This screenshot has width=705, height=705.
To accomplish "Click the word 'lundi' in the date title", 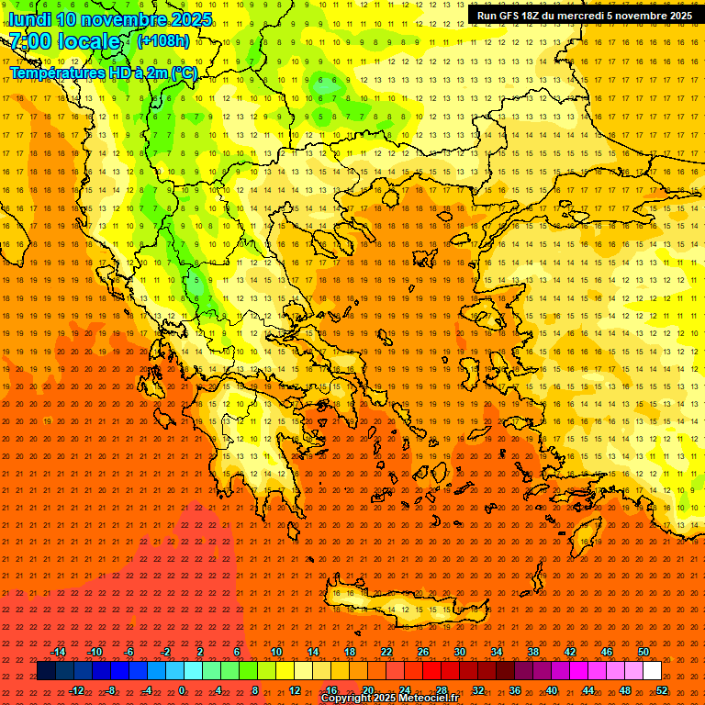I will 29,19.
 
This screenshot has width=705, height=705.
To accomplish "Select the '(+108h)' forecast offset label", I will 163,41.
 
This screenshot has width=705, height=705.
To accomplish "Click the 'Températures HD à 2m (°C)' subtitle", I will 103,73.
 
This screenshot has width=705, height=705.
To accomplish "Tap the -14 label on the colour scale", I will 58,652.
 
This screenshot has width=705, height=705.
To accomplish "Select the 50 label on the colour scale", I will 643,652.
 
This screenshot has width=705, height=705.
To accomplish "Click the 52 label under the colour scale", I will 662,690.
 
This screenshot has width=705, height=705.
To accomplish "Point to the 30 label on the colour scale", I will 459,652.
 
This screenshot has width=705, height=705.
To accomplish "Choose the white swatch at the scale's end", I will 652,671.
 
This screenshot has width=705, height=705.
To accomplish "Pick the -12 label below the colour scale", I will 76,690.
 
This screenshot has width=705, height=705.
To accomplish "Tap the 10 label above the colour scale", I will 275,652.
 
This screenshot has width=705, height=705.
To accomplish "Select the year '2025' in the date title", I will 191,19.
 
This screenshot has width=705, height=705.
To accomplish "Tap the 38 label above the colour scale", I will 532,652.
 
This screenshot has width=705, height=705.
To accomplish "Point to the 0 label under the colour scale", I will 182,690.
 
